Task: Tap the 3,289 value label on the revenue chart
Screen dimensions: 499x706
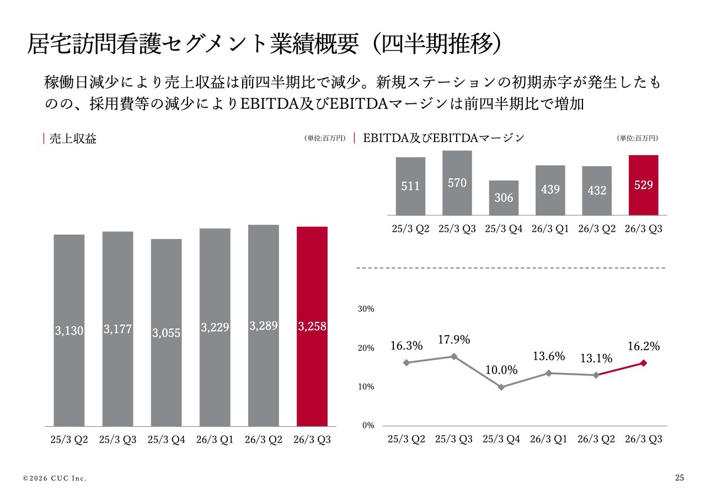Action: (x=263, y=326)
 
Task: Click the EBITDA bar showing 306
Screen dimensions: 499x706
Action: (x=504, y=197)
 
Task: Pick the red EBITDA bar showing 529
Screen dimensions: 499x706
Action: (x=643, y=185)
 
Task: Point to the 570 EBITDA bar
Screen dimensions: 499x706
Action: (x=457, y=183)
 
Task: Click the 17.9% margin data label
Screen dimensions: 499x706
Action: (x=454, y=340)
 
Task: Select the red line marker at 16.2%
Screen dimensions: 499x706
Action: (x=643, y=363)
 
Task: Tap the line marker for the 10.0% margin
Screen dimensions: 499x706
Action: (x=501, y=387)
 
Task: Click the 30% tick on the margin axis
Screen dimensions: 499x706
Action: (x=366, y=309)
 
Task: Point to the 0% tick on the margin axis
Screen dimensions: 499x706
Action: (x=368, y=426)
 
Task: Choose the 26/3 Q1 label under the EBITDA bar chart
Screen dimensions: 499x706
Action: (x=550, y=229)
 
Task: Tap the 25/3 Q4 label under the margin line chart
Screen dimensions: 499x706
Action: (x=501, y=439)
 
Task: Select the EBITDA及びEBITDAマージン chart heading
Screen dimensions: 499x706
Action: (x=443, y=138)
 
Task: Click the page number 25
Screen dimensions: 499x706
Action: (x=679, y=477)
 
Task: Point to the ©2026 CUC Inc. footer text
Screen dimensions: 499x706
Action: (x=55, y=478)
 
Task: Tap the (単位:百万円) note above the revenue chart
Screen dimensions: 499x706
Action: (x=324, y=139)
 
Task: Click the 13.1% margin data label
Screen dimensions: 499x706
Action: (x=596, y=358)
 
